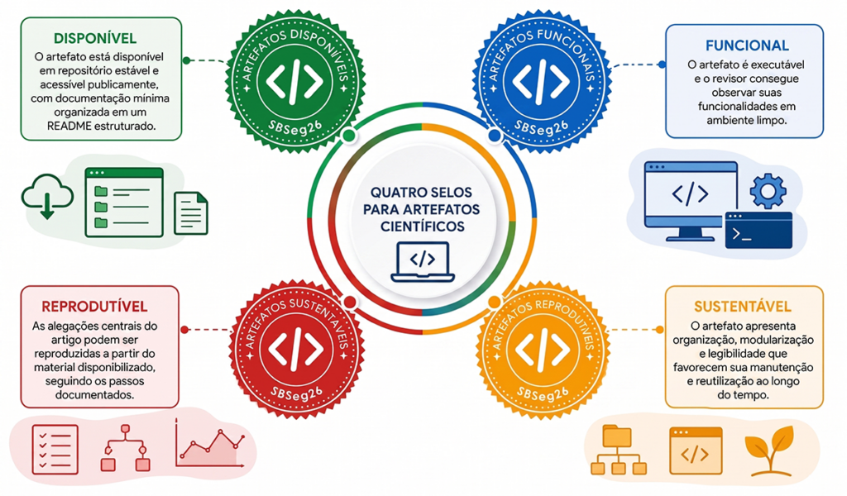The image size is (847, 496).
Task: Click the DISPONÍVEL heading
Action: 95,38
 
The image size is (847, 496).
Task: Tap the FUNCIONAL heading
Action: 747,45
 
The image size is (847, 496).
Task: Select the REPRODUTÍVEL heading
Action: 94,307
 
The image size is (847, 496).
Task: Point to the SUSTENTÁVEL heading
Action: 743,307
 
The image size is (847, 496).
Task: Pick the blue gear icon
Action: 768,190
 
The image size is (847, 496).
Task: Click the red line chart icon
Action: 210,444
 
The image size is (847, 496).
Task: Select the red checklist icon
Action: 55,450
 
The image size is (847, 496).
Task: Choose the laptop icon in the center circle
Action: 423,262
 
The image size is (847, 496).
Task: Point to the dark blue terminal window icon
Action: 758,231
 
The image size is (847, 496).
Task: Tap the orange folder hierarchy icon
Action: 619,450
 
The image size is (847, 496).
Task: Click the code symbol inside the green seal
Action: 295,82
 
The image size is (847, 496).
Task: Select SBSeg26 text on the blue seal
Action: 542,128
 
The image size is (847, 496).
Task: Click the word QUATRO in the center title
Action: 395,193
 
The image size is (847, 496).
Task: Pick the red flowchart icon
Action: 126,447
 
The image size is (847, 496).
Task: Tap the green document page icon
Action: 191,213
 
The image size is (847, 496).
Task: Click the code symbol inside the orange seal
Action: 543,350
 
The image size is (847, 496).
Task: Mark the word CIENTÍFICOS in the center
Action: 423,227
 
